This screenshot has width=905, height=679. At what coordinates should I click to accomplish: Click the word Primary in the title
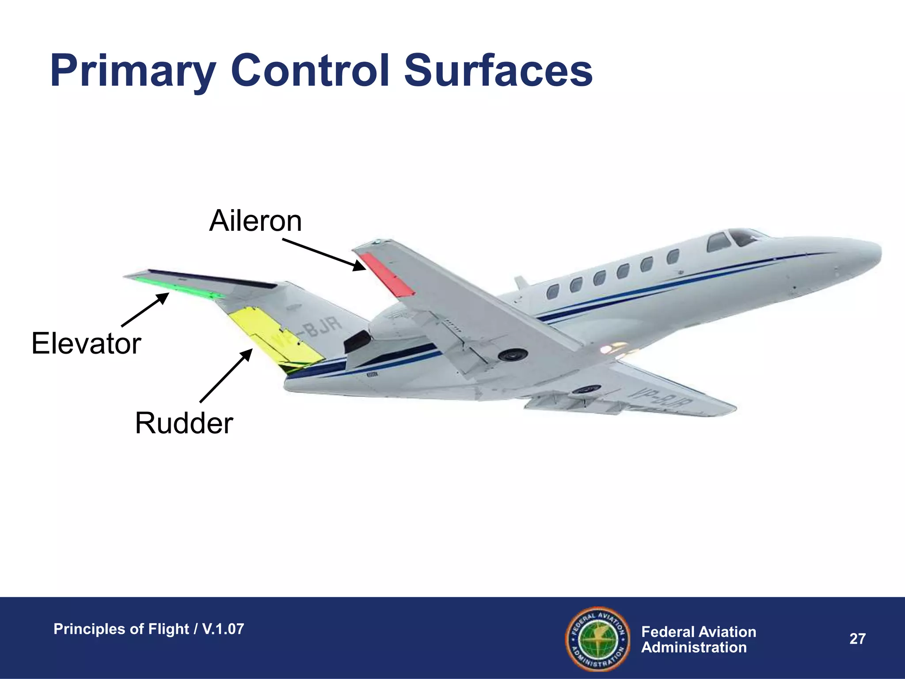(133, 71)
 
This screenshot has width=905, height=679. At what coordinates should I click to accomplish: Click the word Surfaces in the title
(498, 71)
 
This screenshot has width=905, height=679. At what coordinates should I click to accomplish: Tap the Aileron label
(255, 221)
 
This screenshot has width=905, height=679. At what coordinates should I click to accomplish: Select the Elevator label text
(86, 343)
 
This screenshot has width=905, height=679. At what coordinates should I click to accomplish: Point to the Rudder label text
(184, 423)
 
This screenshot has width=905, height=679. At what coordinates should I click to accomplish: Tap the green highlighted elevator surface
(177, 286)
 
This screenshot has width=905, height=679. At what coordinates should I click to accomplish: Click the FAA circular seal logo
(597, 638)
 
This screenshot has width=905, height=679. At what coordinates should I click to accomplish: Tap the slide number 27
(857, 639)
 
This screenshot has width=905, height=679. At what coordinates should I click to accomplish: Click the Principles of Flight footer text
(148, 629)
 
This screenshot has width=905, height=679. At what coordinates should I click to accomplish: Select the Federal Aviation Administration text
(698, 639)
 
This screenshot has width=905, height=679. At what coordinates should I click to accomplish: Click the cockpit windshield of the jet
(742, 238)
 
